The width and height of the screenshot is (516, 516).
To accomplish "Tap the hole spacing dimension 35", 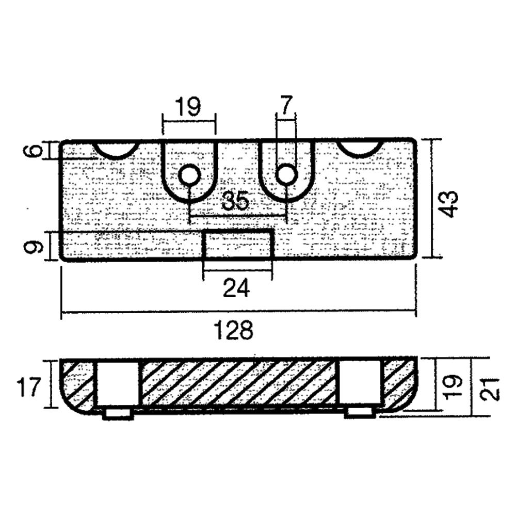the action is point(235,201).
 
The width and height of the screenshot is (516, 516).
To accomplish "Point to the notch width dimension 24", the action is point(236,287).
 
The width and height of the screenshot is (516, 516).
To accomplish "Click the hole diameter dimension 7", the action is point(286,106).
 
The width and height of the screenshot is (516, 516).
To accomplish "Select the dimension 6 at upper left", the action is point(33,151).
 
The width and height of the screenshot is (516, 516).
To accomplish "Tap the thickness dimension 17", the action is point(28,387).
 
